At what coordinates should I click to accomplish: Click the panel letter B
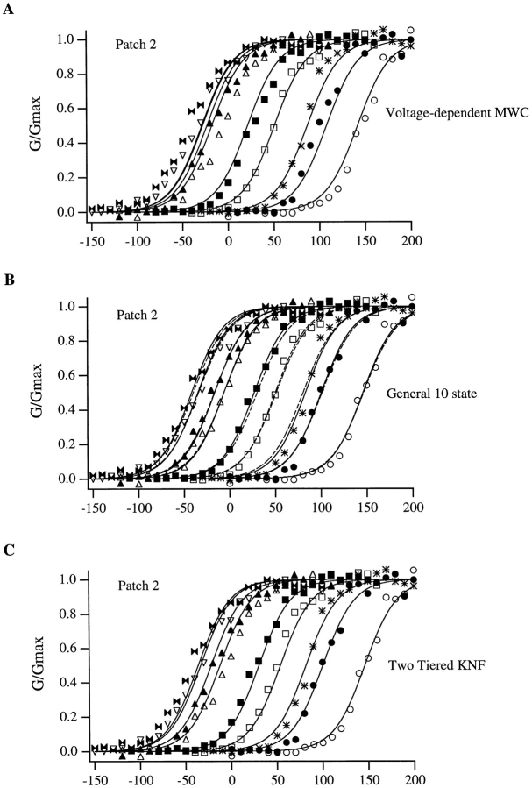(x=10, y=282)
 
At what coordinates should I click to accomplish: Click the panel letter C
(x=10, y=551)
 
